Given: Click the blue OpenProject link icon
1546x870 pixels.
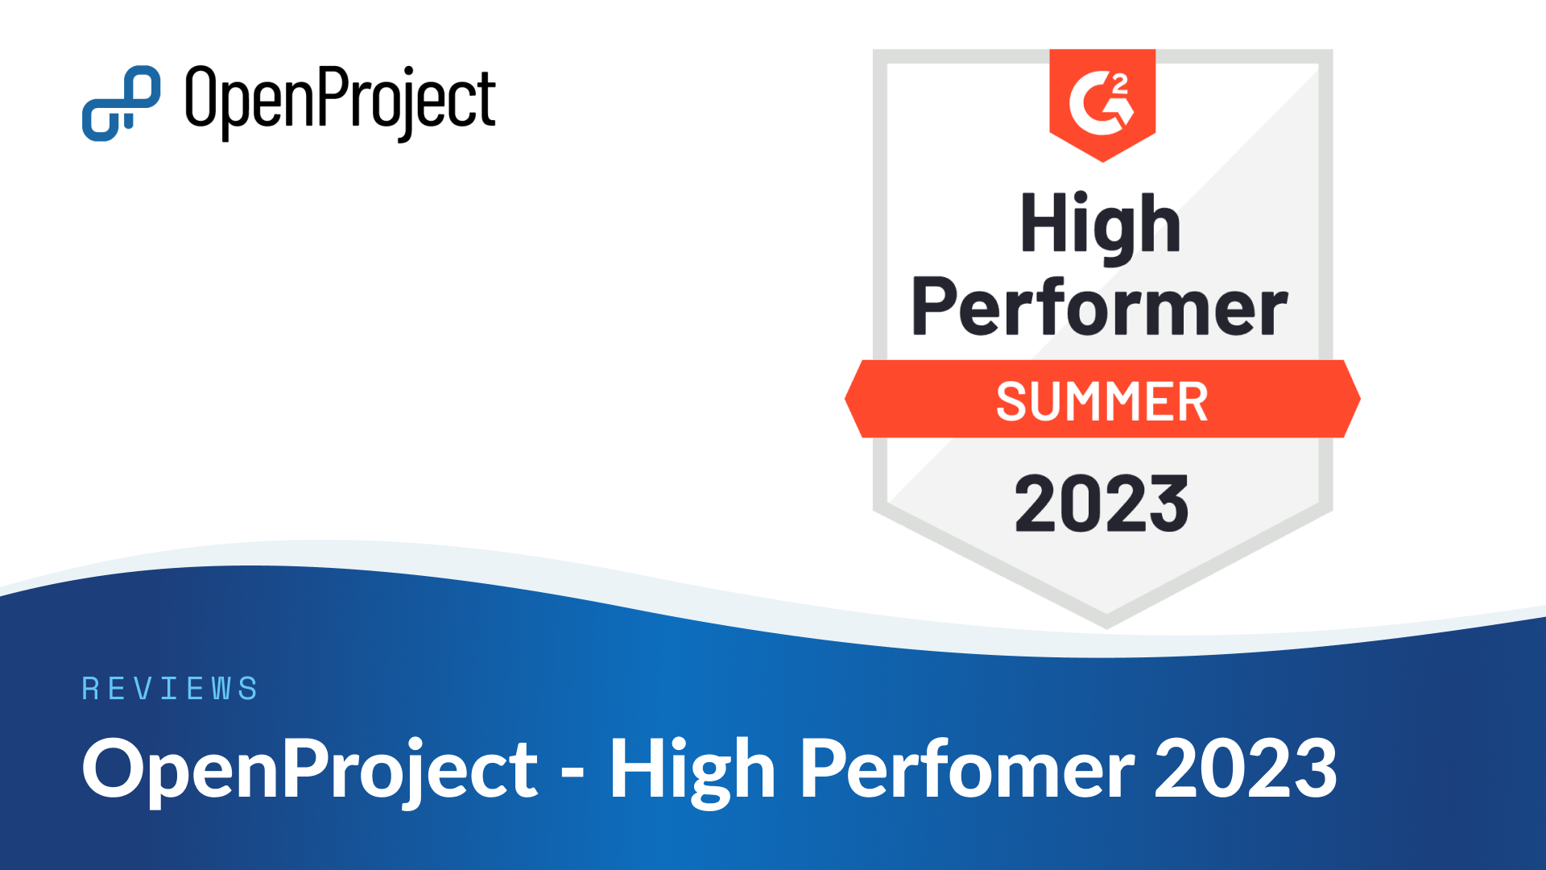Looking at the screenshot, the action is tap(121, 103).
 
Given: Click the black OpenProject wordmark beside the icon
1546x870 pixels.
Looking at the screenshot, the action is tap(341, 102).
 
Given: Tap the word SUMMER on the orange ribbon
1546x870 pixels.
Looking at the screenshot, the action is tap(1102, 401).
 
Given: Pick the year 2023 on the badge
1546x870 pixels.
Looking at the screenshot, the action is tap(1102, 503).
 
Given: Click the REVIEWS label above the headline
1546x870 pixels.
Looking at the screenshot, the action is tap(170, 689).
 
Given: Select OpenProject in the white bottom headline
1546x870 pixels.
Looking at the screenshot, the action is tap(310, 770).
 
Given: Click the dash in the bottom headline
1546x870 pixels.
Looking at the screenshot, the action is tap(573, 775).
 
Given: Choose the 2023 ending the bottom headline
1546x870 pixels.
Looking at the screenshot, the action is tap(1246, 768).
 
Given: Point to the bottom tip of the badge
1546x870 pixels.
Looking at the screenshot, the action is tap(1106, 628).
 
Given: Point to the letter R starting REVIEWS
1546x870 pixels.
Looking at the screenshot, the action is tap(90, 689).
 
